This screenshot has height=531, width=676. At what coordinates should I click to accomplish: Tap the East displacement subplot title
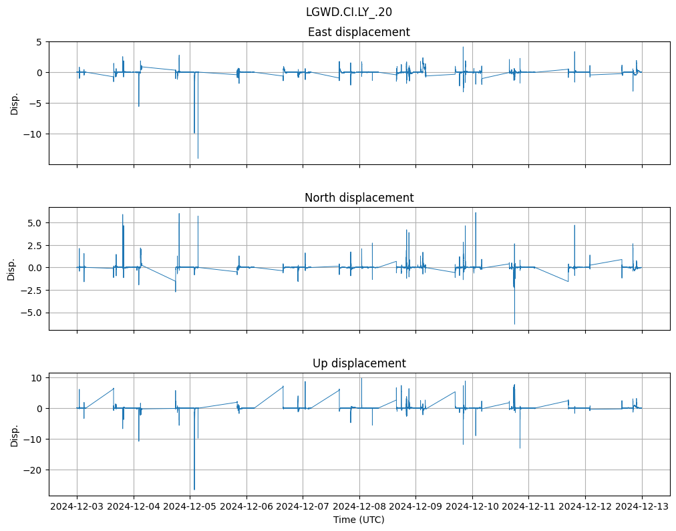[x=359, y=32]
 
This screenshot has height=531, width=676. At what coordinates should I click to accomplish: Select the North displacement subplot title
[x=359, y=198]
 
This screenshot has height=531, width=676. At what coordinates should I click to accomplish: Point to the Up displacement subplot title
[x=359, y=363]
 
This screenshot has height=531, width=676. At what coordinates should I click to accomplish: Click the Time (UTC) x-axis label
[x=359, y=519]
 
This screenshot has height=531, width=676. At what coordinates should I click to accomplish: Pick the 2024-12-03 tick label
[x=77, y=506]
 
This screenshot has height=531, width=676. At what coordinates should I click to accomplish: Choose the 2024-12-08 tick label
[x=359, y=506]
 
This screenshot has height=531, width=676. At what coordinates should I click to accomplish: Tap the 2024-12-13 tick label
[x=642, y=506]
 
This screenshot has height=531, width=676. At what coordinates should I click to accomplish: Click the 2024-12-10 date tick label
[x=472, y=506]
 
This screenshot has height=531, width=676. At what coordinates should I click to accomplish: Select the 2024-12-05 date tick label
[x=190, y=506]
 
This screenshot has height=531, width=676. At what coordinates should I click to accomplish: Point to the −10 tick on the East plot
[x=32, y=134]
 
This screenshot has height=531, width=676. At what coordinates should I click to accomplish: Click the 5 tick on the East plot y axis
[x=39, y=42]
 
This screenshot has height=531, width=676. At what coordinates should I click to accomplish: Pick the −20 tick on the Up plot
[x=32, y=470]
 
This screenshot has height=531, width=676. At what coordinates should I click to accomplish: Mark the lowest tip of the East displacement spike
[x=198, y=158]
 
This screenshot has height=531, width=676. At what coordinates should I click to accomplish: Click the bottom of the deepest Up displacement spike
[x=194, y=490]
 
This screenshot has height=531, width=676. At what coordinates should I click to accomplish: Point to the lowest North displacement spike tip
[x=514, y=324]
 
